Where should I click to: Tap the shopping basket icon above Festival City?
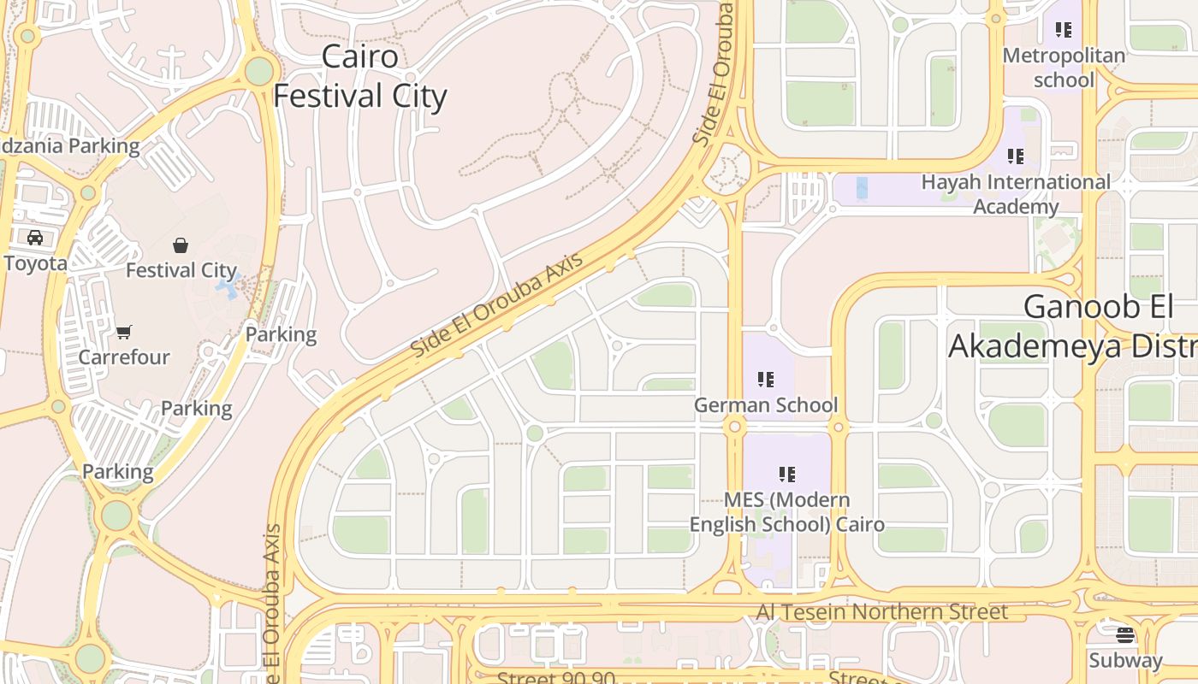(181, 246)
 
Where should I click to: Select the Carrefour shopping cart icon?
(124, 332)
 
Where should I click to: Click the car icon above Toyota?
(34, 238)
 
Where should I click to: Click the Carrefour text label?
(124, 357)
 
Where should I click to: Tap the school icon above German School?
(766, 379)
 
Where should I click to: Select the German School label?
(766, 404)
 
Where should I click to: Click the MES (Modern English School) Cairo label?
(786, 511)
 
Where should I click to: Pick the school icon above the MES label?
(787, 474)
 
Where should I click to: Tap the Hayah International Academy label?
(1016, 194)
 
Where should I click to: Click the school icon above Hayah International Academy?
(1016, 156)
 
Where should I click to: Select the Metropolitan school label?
(1064, 68)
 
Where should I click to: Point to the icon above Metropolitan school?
(1064, 31)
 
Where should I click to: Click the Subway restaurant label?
(1125, 660)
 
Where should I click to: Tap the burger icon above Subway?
(1125, 635)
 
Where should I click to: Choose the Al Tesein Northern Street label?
(881, 612)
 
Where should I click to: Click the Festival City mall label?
(181, 270)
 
